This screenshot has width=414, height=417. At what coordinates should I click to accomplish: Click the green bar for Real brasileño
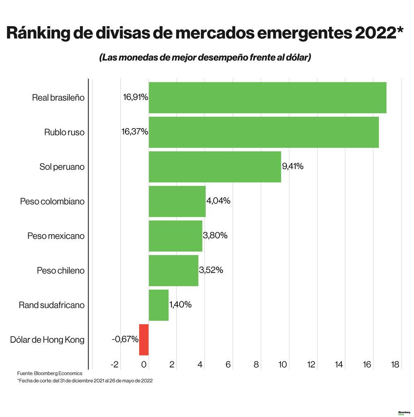[x=267, y=98]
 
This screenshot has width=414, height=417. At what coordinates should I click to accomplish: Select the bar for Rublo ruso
[x=263, y=132]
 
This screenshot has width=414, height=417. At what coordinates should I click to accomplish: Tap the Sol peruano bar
[x=214, y=167]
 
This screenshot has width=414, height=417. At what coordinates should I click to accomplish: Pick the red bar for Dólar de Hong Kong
[x=144, y=340]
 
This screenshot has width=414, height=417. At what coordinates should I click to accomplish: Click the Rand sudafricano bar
[x=159, y=305]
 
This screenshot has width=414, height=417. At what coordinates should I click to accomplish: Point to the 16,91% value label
[x=135, y=97]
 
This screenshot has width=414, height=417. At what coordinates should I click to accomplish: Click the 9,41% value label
[x=293, y=167]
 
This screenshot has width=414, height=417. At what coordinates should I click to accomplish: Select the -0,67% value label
[x=125, y=339]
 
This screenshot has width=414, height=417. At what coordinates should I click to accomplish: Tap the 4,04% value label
[x=218, y=201]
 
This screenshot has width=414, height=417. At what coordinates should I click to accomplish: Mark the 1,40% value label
[x=180, y=305]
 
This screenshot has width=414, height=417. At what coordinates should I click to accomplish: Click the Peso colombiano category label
[x=52, y=201]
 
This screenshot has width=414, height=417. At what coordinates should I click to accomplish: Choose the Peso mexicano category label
[x=56, y=236]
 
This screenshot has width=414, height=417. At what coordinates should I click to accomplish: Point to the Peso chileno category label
[x=60, y=271]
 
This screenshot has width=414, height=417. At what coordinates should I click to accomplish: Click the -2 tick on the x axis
[x=114, y=365]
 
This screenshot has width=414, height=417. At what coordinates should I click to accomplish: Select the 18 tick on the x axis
[x=395, y=365]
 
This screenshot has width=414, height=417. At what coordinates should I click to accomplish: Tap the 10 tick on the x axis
[x=283, y=365]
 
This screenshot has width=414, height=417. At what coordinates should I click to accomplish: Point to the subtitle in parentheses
[x=205, y=58]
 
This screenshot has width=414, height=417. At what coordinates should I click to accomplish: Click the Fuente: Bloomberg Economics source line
[x=50, y=373]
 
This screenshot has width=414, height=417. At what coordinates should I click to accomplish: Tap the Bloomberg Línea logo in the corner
[x=404, y=413]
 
